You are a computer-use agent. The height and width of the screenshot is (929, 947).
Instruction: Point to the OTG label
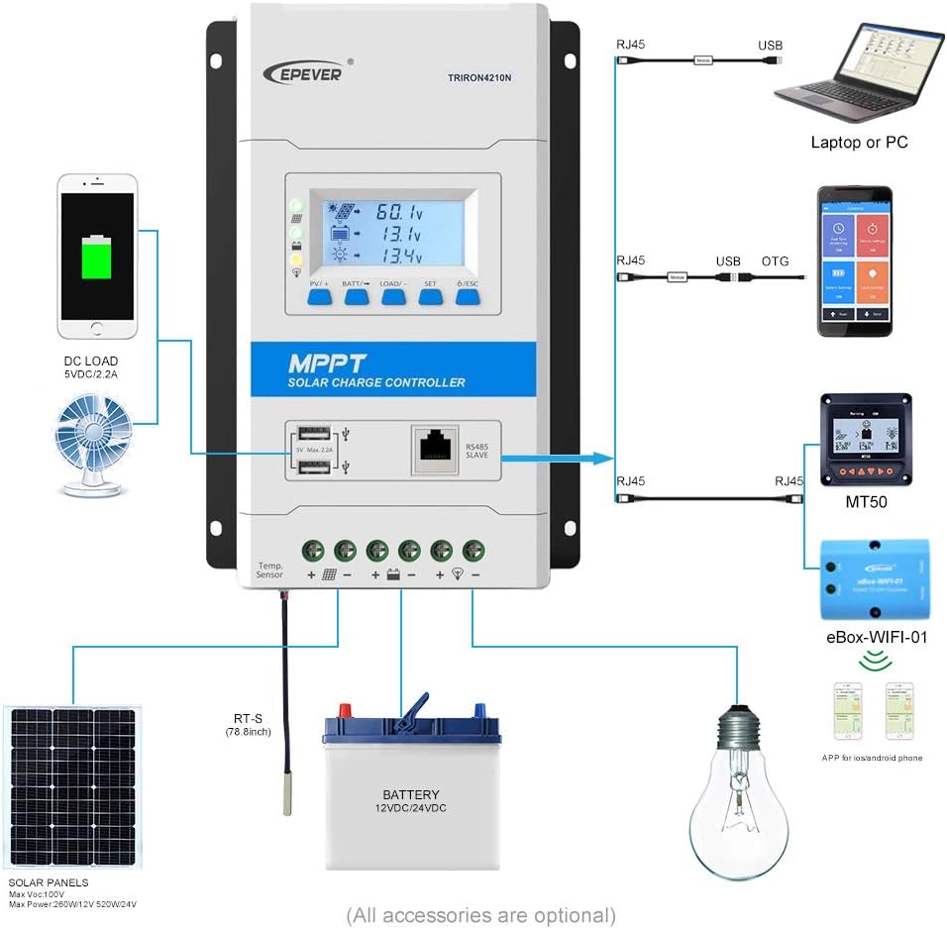776,261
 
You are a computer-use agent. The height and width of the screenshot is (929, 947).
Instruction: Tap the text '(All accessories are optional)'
480,914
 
